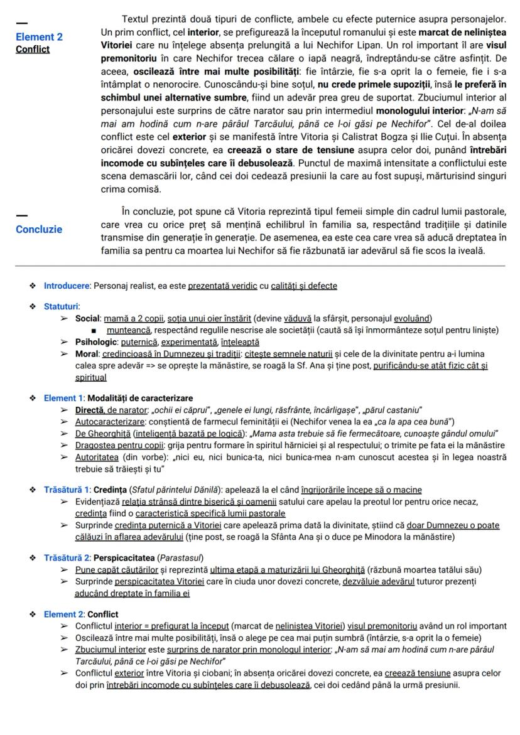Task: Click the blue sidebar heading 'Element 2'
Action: point(39,37)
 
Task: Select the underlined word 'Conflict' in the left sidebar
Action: point(33,49)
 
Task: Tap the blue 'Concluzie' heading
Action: point(39,229)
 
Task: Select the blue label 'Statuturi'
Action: point(61,306)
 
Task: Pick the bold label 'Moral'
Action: point(87,353)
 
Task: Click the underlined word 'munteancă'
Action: point(129,330)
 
